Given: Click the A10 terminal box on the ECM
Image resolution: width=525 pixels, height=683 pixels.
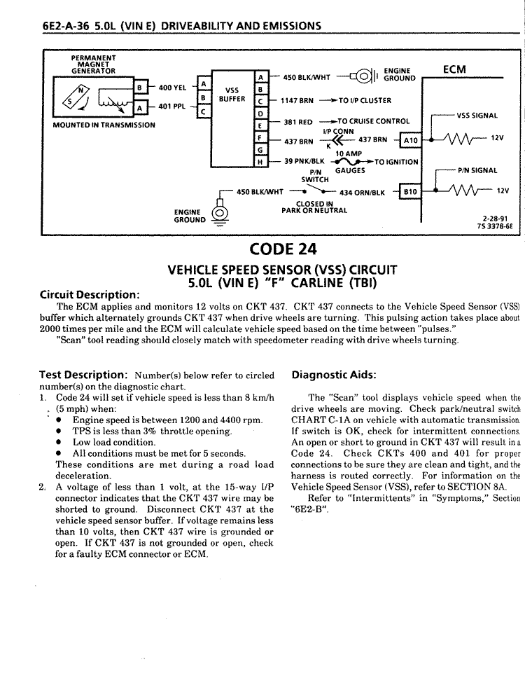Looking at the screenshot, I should [x=410, y=140].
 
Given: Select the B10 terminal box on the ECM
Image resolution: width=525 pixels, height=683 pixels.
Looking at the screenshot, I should [x=410, y=191].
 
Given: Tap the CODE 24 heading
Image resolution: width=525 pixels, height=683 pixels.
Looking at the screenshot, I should [x=283, y=230].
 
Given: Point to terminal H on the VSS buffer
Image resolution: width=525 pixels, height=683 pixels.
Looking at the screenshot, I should [x=260, y=161].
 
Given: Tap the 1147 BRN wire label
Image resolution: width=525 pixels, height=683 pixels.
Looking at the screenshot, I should [x=297, y=100].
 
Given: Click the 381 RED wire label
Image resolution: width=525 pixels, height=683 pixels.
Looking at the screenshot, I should [x=297, y=122].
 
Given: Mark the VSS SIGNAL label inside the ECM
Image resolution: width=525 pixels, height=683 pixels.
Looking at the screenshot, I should [x=477, y=116].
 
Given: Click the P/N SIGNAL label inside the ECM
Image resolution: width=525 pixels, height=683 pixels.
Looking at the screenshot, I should [x=477, y=170].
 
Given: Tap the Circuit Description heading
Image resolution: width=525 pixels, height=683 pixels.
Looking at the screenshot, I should [x=90, y=294].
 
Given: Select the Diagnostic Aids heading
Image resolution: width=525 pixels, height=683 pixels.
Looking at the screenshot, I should [x=334, y=374].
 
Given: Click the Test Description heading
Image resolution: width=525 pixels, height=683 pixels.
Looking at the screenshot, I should [x=83, y=374].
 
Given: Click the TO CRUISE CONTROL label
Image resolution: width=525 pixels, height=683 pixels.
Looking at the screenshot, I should [x=374, y=121].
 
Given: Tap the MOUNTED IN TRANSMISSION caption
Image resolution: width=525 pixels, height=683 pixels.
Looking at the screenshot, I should [x=104, y=125].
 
